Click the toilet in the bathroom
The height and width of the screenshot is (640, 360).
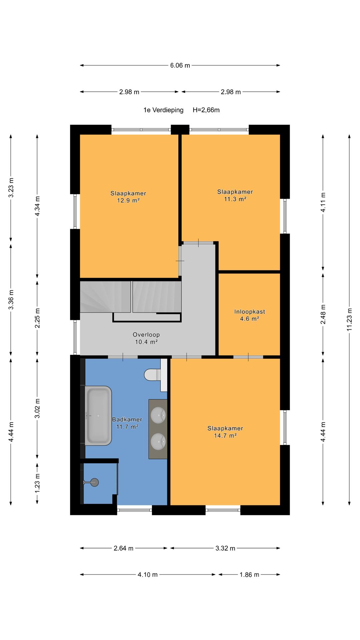152,375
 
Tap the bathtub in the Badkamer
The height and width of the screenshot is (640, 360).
98,416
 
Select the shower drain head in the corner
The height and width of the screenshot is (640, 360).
94,482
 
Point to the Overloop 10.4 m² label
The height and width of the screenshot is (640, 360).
146,338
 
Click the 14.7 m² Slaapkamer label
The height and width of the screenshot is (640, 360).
225,432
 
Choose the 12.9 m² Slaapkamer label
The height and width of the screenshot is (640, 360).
128,197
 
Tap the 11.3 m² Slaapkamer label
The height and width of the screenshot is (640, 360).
235,195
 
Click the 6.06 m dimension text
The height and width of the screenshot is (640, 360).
180,65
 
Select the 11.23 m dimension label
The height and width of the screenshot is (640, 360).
349,319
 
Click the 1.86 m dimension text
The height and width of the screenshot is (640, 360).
249,575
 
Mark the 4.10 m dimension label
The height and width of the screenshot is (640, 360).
148,575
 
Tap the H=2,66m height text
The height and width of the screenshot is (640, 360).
206,110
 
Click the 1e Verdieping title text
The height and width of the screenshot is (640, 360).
163,110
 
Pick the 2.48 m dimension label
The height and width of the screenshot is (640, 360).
323,314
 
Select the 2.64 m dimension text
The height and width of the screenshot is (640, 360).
123,548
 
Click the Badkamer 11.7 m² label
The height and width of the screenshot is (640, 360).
127,423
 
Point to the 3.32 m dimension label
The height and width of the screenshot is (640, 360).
225,548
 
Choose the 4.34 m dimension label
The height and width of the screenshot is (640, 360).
37,206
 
